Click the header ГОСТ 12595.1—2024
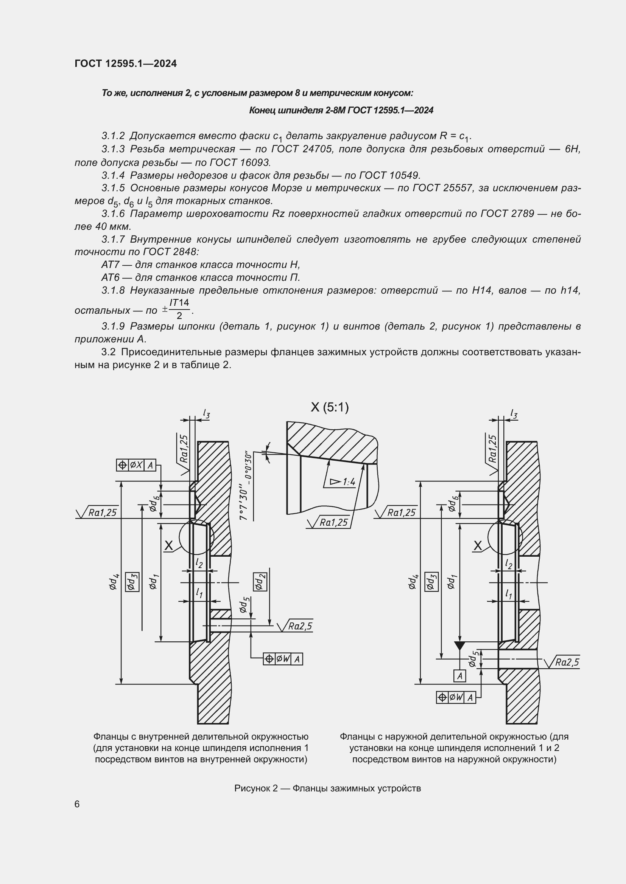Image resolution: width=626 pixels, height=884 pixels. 126,64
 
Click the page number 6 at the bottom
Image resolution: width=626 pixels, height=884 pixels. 77,804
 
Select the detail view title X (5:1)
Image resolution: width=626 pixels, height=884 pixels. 330,407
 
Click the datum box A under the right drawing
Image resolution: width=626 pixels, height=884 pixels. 459,676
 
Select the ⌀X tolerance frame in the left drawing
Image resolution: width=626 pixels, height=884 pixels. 136,465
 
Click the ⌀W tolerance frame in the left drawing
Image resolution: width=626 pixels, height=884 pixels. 283,659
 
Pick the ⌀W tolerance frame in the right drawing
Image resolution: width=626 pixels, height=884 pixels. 456,697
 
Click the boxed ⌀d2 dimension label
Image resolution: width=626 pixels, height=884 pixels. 260,582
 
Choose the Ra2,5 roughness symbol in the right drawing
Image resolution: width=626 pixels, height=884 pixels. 563,662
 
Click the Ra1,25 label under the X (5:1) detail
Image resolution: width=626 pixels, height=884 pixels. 330,522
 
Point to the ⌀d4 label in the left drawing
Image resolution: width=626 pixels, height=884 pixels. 113,582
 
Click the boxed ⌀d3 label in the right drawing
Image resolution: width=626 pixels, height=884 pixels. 431,582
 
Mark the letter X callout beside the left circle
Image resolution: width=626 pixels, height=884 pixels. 169,545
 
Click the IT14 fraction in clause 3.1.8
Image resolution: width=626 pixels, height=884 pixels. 179,303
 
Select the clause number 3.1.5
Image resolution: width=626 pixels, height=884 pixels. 113,188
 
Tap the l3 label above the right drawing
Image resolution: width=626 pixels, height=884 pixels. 514,414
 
